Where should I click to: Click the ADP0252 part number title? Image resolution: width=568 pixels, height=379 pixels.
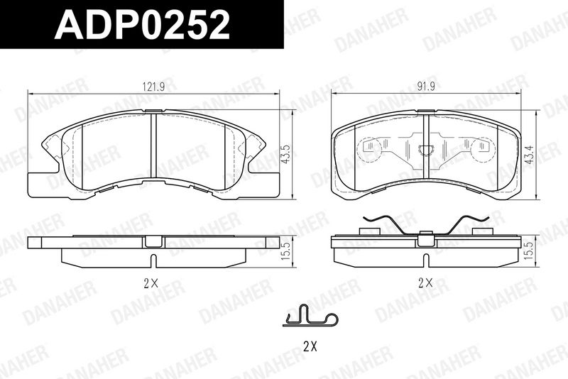pos(142,24)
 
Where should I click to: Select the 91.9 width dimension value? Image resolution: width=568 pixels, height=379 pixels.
pos(425,86)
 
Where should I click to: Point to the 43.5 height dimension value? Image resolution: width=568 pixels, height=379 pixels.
pos(286,155)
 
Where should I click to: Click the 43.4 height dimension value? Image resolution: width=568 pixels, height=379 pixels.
pos(530,155)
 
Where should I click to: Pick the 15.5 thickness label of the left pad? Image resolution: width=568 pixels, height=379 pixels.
pos(286,252)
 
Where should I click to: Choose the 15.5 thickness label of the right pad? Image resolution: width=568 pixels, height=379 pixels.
pos(530,252)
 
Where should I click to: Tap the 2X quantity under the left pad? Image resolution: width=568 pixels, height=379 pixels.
pos(151,284)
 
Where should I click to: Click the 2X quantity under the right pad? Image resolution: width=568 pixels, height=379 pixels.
pos(425,282)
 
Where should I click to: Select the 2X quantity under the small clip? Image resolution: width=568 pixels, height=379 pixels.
pos(310,347)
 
